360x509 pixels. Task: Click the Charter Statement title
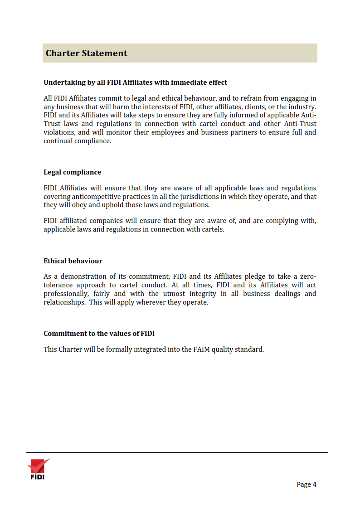click(x=87, y=53)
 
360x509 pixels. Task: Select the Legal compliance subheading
click(x=72, y=172)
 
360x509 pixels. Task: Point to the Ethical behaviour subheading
click(x=73, y=261)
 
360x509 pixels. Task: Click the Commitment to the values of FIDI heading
click(x=99, y=334)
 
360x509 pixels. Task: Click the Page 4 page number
click(x=306, y=485)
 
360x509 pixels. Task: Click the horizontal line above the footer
click(x=177, y=452)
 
